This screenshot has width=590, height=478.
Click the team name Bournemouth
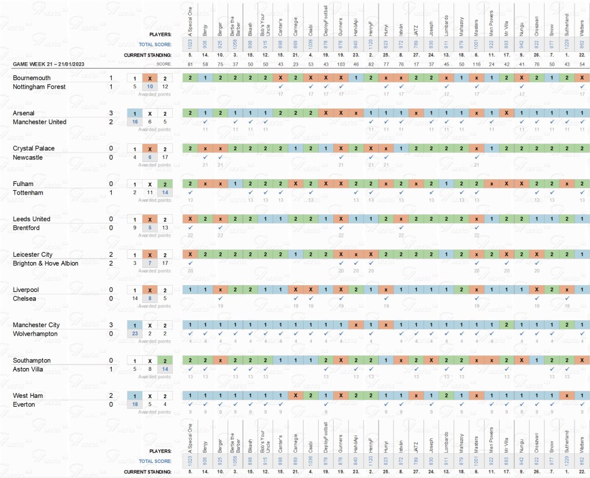click(x=31, y=78)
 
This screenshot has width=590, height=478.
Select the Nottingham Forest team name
click(x=39, y=86)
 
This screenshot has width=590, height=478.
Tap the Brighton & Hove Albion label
click(x=46, y=263)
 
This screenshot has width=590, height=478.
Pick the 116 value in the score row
click(x=476, y=63)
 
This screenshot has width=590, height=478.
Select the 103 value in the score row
click(x=341, y=63)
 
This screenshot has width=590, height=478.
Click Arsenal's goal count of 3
click(x=111, y=113)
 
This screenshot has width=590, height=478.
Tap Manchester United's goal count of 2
click(x=111, y=122)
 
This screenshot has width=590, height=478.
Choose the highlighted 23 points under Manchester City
click(x=134, y=334)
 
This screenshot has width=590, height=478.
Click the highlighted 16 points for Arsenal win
click(x=134, y=122)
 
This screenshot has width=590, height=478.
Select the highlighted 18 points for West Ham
click(x=134, y=405)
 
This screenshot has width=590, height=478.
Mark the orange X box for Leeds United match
click(x=149, y=219)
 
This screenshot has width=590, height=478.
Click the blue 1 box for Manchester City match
click(x=134, y=325)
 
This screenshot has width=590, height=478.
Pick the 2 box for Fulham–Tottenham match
click(x=164, y=184)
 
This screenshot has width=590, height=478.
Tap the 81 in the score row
click(x=190, y=63)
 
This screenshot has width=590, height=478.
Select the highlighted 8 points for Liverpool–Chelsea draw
click(x=149, y=299)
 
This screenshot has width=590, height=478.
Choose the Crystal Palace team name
click(x=33, y=149)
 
